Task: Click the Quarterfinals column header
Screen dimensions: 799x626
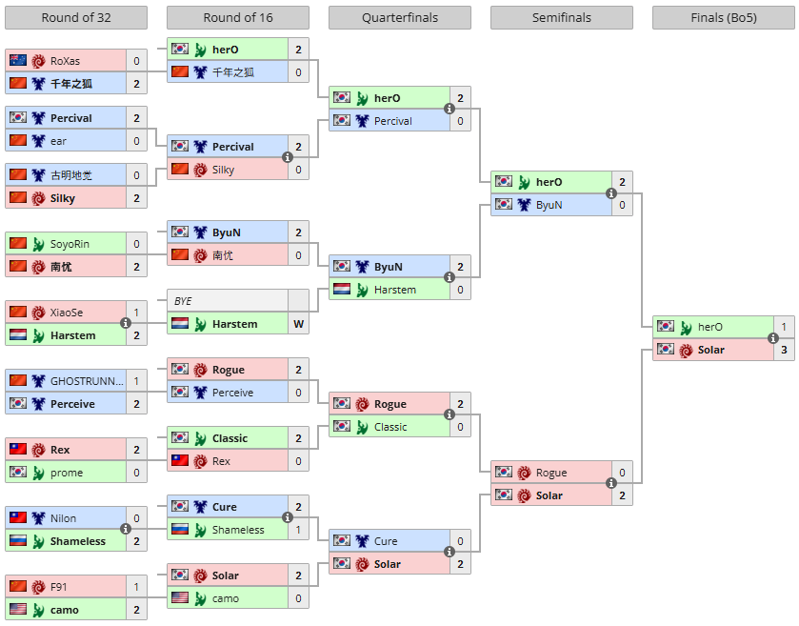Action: [400, 18]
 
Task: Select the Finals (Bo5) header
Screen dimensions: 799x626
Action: [724, 18]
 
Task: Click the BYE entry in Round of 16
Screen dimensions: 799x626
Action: [183, 301]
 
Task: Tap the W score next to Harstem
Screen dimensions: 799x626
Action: [299, 324]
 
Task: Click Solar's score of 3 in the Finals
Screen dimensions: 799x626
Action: [784, 350]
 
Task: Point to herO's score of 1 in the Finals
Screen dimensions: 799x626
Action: [784, 327]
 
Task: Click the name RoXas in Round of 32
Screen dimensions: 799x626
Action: [65, 61]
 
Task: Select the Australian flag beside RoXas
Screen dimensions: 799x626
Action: [18, 60]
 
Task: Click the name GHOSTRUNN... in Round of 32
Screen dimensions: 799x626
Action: [87, 381]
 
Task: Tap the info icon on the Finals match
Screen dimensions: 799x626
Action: [773, 338]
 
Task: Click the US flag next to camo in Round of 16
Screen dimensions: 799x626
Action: [180, 597]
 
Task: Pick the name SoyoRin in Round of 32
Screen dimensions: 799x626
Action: [70, 244]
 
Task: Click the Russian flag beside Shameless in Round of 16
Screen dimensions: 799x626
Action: [180, 529]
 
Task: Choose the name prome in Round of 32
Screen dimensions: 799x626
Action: [67, 473]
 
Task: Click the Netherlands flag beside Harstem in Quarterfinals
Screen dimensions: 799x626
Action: [342, 289]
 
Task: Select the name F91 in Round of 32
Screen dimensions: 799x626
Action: [59, 587]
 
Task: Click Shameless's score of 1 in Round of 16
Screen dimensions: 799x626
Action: [299, 530]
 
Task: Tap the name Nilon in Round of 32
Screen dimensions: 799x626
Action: [63, 518]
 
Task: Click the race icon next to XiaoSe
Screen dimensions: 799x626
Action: [38, 313]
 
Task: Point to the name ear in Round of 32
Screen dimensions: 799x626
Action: [58, 141]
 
